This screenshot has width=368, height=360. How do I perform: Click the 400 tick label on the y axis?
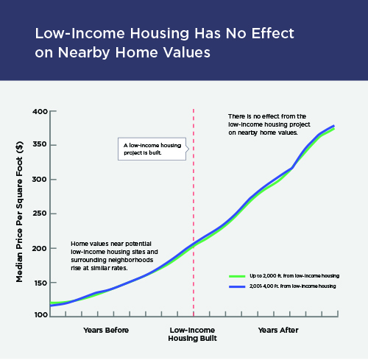40,112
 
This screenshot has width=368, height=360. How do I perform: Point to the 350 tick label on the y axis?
40,144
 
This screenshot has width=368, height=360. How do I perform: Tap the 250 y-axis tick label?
40,213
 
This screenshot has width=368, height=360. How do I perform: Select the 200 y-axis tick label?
40,248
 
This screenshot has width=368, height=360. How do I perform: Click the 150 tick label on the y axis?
40,283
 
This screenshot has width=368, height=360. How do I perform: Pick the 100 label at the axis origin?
41,314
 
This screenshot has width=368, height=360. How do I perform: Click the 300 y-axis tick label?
40,179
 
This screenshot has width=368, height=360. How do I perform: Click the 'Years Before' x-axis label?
106,330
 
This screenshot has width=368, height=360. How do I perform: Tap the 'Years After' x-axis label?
278,330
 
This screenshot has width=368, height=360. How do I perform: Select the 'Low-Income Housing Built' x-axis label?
193,334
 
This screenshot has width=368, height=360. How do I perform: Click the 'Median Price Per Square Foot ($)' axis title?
19,212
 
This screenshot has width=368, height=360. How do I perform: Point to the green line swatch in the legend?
237,276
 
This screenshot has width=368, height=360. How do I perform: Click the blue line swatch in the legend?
237,286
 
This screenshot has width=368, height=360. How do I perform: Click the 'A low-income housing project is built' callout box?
152,149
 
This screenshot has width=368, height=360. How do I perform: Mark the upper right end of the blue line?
334,126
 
